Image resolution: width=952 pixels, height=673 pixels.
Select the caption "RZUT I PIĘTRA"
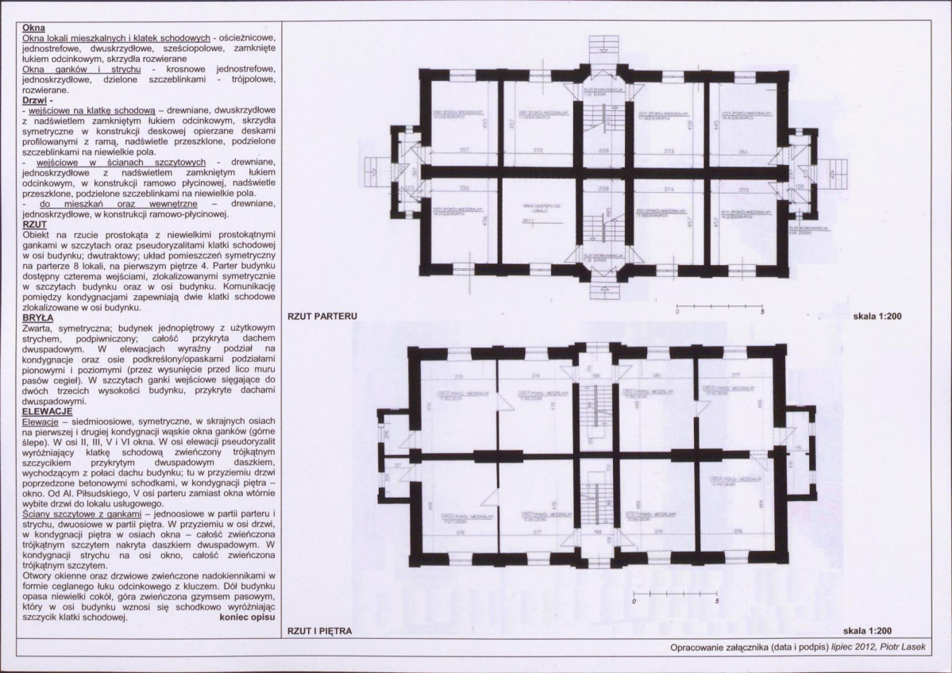click(322, 632)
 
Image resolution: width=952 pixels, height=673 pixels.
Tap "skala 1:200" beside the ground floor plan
click(879, 337)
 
